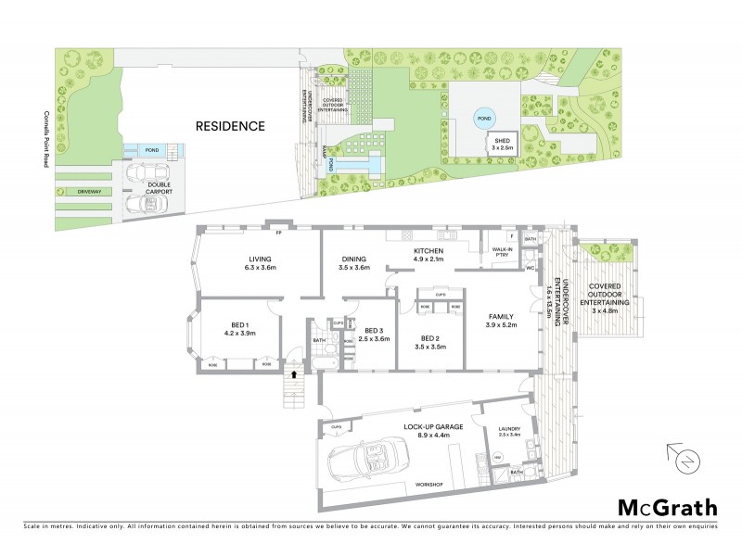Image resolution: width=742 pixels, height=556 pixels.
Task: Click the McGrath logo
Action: (x=667, y=507)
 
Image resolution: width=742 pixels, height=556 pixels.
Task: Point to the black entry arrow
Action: (x=294, y=374)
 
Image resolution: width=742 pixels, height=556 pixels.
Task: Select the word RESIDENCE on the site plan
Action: (x=230, y=125)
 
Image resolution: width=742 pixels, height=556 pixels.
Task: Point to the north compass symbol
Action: (x=684, y=459)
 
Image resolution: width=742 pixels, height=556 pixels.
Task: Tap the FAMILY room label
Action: (x=501, y=321)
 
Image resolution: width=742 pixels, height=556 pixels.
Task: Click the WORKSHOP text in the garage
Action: (x=428, y=485)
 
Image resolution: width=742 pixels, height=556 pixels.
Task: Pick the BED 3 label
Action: (x=373, y=335)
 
